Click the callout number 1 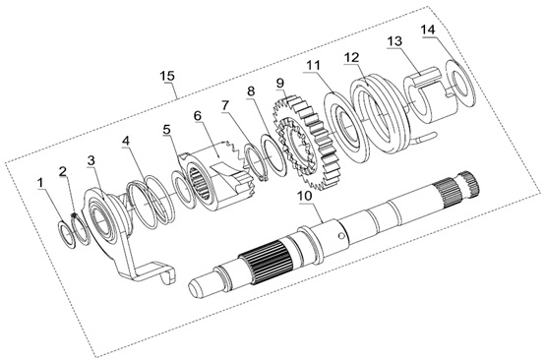click(41, 183)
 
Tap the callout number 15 click(167, 76)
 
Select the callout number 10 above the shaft click(305, 196)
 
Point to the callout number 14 click(428, 30)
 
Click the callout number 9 click(280, 83)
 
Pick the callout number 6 click(198, 115)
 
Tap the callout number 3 click(91, 160)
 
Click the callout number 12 click(352, 57)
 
